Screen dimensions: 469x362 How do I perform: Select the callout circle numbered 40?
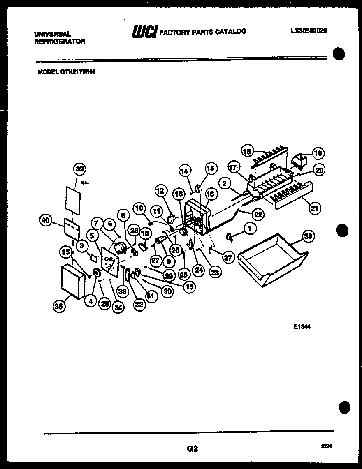click(x=46, y=221)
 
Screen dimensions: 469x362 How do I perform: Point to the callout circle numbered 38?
click(x=308, y=236)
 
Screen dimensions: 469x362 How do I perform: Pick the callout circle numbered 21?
click(x=315, y=208)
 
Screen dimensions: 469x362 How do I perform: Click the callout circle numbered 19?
click(x=318, y=154)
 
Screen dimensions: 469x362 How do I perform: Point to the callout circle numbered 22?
click(x=258, y=214)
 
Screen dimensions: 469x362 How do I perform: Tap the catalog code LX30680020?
click(x=308, y=31)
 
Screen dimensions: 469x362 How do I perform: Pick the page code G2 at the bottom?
click(x=192, y=449)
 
